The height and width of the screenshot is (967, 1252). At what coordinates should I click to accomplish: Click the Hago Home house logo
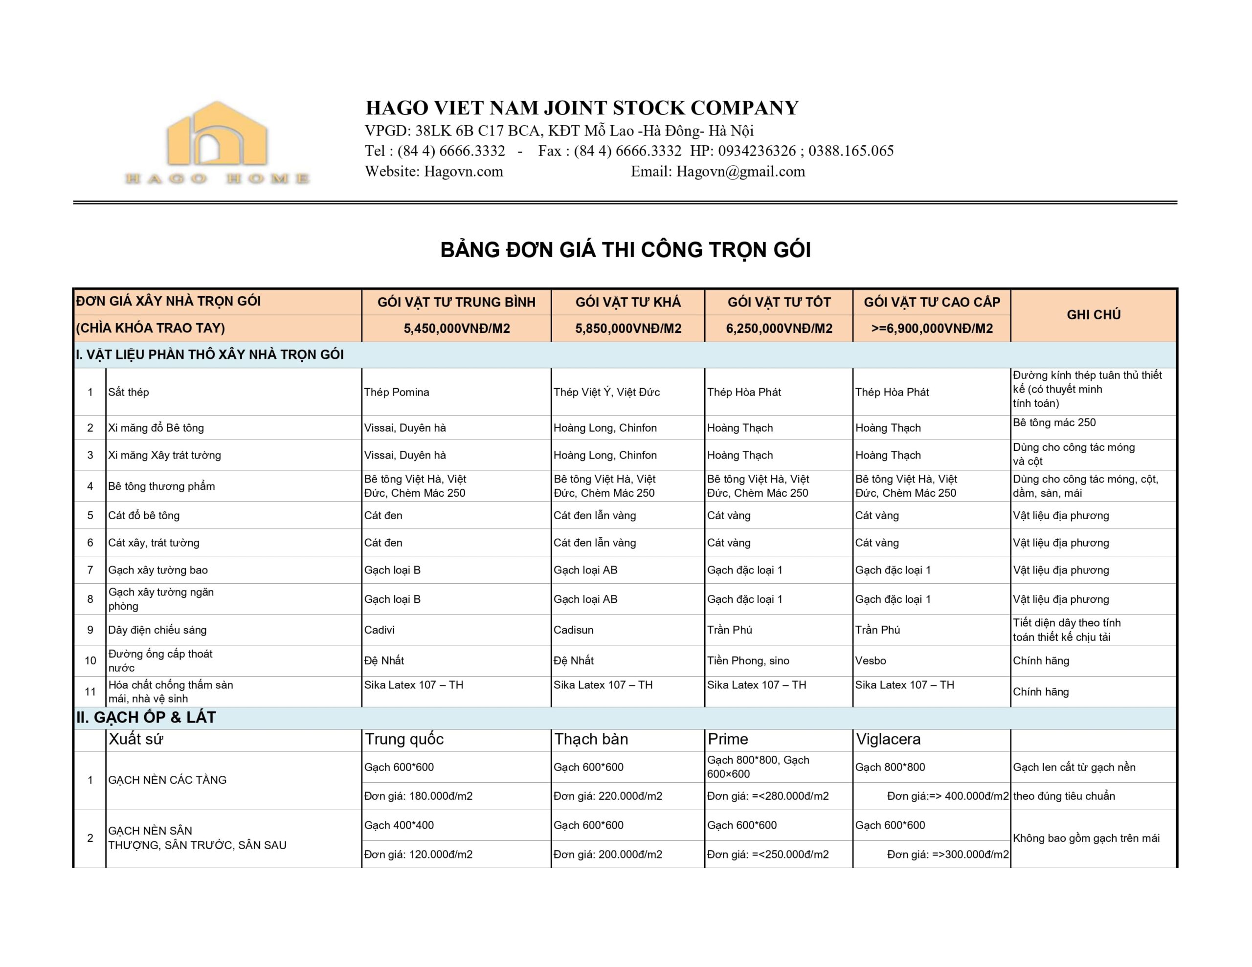coord(217,142)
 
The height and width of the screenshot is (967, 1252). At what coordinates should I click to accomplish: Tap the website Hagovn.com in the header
coord(463,172)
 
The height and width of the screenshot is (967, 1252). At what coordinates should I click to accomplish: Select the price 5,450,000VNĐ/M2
coord(456,329)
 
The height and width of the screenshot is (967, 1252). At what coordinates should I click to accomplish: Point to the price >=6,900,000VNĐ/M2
coord(932,329)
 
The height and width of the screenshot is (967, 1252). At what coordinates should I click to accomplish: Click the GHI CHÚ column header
coord(1093,315)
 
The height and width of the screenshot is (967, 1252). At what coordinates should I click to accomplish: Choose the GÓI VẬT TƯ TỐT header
coord(779,302)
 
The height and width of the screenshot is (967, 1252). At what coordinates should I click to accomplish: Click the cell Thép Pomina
coord(396,392)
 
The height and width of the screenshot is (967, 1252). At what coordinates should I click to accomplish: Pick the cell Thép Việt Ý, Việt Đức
coord(606,392)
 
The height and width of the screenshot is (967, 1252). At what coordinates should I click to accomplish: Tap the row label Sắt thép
coord(129,392)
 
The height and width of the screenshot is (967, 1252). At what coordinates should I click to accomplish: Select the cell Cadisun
coord(573,629)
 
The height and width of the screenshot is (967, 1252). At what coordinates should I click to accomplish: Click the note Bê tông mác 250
coord(1053,422)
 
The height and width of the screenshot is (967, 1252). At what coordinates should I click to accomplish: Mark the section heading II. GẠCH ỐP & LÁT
coord(146,717)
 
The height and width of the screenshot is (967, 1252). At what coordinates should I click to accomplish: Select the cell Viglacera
coord(888,739)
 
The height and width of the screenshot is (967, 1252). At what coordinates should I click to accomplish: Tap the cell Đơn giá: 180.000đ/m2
coord(418,795)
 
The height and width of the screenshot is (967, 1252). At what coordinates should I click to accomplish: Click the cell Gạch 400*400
coord(399,825)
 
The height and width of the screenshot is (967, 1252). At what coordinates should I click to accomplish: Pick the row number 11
coord(90,691)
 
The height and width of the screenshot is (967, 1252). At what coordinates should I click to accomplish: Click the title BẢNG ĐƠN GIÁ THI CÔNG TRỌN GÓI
coord(626,250)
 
